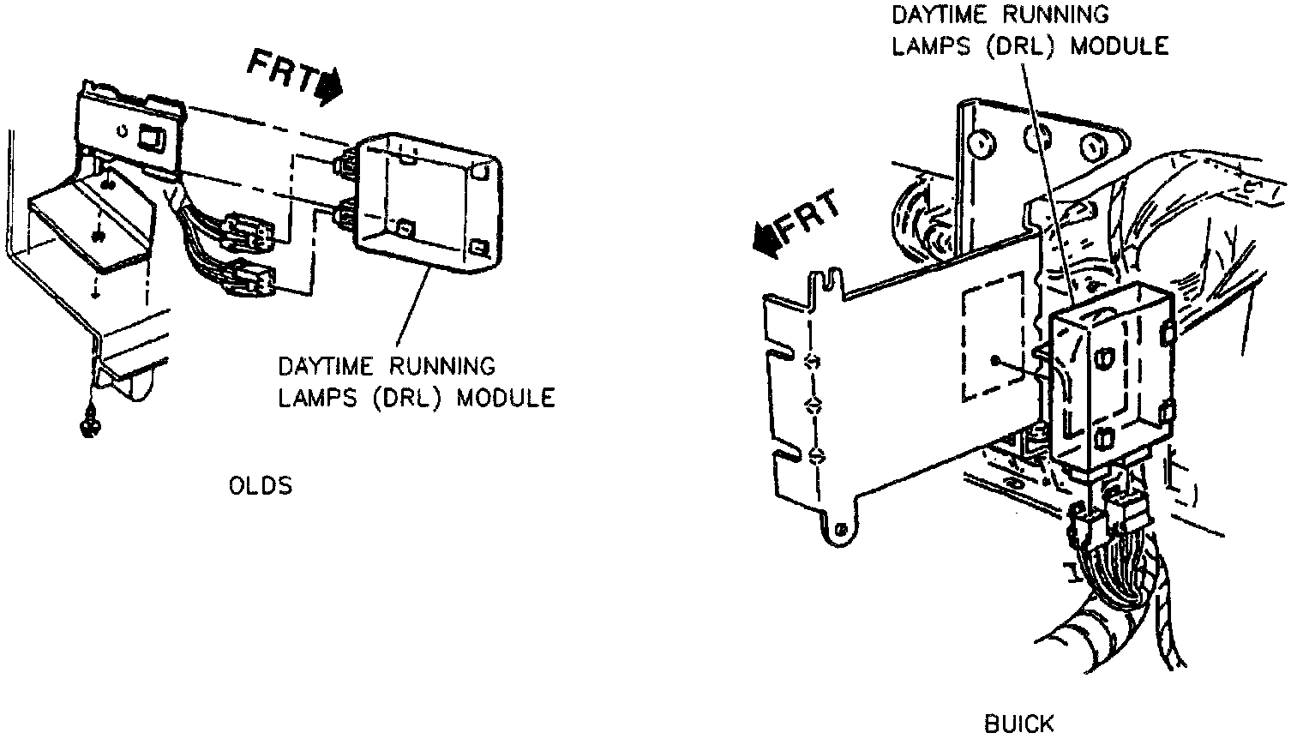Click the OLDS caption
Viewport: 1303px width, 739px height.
click(260, 486)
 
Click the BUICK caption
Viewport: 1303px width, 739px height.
click(1018, 724)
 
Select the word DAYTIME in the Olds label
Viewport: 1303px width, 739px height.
click(326, 367)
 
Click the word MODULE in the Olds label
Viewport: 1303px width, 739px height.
click(505, 398)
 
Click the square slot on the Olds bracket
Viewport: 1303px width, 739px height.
click(155, 138)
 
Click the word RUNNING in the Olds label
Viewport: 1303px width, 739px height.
click(442, 367)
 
